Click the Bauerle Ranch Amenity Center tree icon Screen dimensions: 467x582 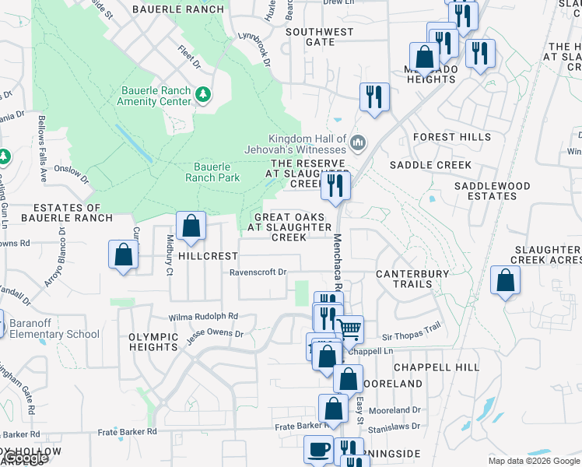click(203, 94)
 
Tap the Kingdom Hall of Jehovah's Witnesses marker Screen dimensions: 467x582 click(358, 142)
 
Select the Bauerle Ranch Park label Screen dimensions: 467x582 click(212, 172)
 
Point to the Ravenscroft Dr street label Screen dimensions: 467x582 click(258, 272)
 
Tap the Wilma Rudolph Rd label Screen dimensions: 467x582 click(204, 317)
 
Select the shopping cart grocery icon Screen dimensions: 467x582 click(349, 330)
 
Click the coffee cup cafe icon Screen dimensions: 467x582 click(318, 450)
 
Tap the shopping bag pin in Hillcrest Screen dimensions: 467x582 click(191, 226)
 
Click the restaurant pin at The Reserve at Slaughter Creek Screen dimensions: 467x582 click(335, 185)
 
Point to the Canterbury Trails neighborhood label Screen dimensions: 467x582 click(412, 279)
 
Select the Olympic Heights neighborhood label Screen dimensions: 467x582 click(154, 342)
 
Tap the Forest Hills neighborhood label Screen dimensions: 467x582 click(446, 137)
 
